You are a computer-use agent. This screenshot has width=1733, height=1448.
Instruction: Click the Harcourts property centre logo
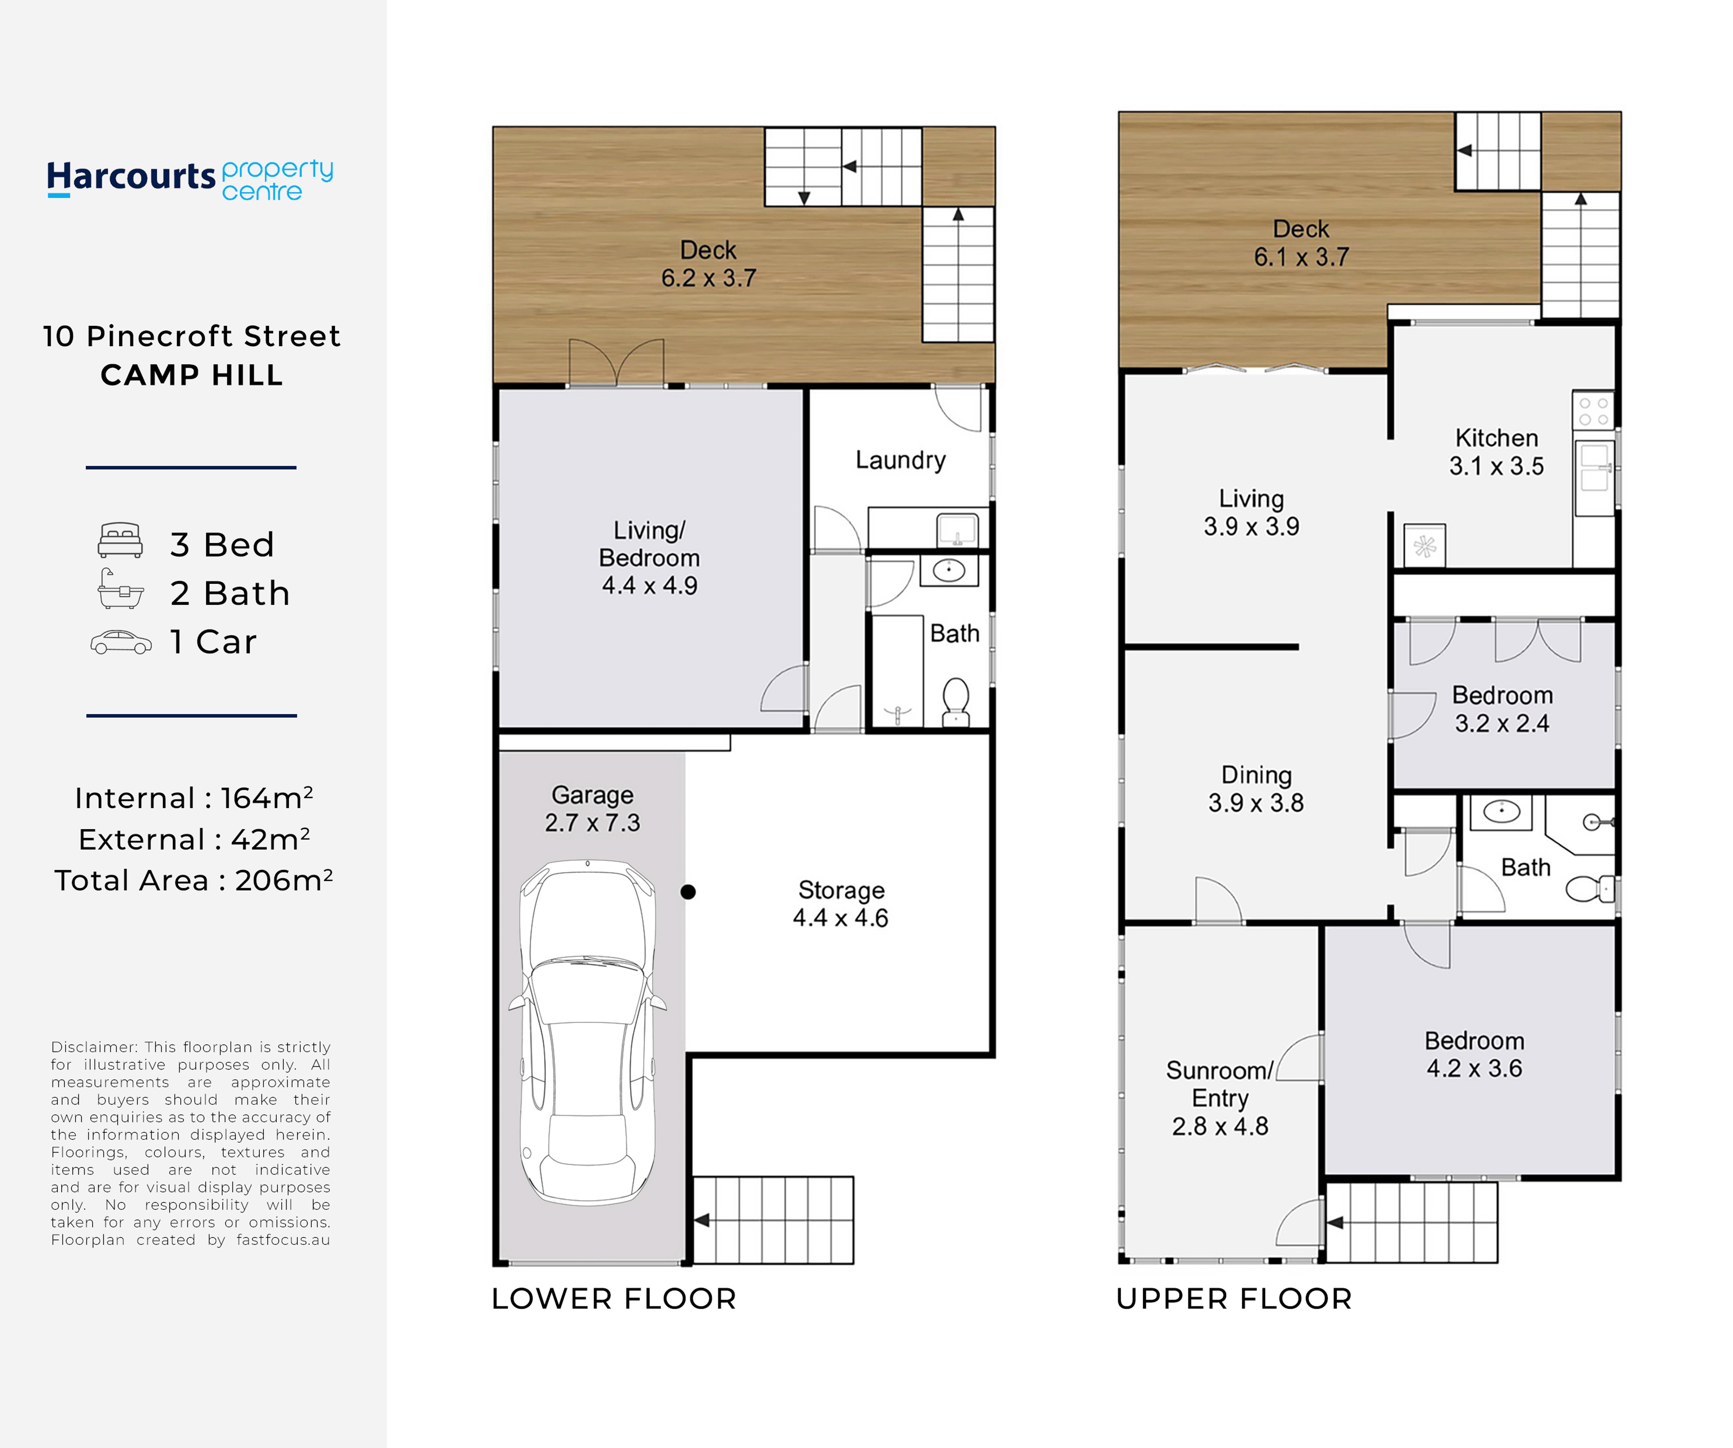(190, 179)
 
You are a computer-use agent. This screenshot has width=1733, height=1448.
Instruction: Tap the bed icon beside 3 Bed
(121, 541)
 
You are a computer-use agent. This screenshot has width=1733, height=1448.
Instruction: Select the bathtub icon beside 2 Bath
(121, 589)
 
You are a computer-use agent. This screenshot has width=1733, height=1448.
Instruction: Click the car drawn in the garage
(588, 1031)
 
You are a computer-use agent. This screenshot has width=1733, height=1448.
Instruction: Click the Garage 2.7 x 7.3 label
(593, 808)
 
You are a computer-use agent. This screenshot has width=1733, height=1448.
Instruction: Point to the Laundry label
(900, 461)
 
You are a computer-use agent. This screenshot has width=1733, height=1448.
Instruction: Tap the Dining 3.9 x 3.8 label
(1256, 789)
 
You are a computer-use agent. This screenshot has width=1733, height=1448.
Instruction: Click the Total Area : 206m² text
(193, 880)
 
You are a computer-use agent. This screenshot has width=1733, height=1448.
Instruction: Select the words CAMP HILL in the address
(191, 375)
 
